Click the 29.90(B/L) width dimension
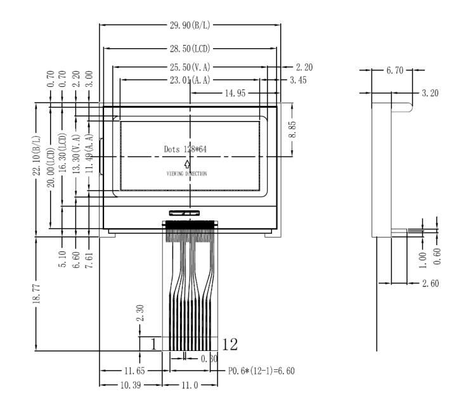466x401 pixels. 191,25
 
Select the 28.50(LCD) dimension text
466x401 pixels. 190,49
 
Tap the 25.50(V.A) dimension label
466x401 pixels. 190,67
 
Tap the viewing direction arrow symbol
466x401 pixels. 187,165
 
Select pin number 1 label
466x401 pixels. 153,344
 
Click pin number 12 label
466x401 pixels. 230,344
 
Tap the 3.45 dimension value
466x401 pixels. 299,80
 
